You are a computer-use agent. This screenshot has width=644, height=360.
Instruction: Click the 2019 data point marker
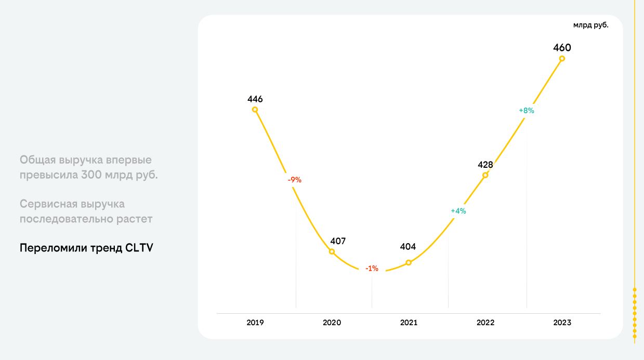click(x=255, y=110)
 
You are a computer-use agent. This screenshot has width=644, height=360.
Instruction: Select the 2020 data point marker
click(x=332, y=251)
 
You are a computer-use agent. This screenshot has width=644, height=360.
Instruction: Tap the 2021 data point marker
click(x=409, y=263)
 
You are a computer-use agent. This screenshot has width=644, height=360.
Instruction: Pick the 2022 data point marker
click(x=485, y=175)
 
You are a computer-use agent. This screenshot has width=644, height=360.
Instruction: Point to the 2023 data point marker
click(x=562, y=59)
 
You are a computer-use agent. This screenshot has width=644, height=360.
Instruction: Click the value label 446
click(x=255, y=99)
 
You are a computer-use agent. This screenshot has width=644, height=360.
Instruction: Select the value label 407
click(x=338, y=241)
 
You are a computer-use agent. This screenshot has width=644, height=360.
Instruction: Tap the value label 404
click(x=408, y=247)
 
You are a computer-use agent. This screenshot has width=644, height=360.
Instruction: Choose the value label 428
click(x=485, y=165)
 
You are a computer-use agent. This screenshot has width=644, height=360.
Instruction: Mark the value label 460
click(x=562, y=48)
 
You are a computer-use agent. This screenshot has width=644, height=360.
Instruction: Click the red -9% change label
click(x=295, y=180)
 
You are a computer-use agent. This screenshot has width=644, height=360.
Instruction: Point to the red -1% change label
click(x=372, y=269)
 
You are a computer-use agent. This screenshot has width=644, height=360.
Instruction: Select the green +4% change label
click(x=458, y=211)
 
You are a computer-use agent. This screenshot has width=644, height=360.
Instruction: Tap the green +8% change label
click(x=527, y=111)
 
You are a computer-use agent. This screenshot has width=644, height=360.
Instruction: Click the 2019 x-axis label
click(x=255, y=323)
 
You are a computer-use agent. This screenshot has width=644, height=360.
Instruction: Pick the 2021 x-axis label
click(x=409, y=323)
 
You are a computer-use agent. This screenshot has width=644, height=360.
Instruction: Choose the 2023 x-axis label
click(x=562, y=323)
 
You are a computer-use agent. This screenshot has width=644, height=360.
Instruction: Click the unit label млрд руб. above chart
click(x=591, y=25)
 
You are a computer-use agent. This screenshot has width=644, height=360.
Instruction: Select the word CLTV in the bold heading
click(x=139, y=248)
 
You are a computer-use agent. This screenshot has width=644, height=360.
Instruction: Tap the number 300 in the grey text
click(x=91, y=175)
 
